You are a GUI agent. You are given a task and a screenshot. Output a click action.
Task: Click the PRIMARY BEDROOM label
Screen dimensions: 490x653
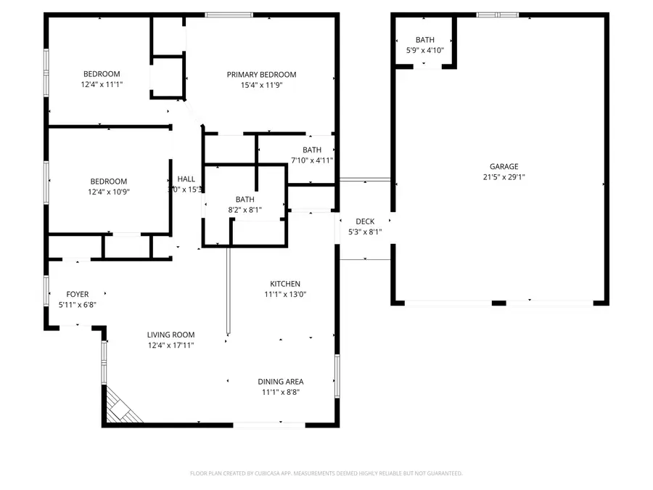tap(261, 75)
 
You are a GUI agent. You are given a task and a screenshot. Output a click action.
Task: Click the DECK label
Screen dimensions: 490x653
tap(365, 221)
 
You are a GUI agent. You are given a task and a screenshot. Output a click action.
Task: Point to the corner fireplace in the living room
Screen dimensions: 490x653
tap(120, 408)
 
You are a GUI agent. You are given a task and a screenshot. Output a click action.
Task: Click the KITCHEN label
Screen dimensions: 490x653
tap(285, 284)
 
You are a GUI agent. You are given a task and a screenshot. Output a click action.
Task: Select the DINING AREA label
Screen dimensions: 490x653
tap(281, 381)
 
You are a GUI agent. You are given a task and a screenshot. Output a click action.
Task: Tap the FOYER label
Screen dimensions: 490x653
tap(77, 294)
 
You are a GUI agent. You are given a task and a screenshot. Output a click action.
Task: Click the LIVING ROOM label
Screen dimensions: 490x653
tap(171, 335)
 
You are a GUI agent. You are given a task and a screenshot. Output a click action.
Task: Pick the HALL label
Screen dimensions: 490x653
tap(186, 179)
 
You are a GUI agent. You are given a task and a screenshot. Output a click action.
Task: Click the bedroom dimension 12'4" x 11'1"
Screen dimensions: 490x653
tap(102, 84)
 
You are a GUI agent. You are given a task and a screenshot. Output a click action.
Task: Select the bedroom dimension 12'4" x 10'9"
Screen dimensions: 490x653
tap(108, 192)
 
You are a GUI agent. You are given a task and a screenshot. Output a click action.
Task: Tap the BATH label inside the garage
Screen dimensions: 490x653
tap(424, 40)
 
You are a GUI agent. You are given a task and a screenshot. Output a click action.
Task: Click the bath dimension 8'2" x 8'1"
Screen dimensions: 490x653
tap(245, 210)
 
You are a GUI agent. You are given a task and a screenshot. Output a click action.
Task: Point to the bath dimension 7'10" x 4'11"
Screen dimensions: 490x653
tap(312, 160)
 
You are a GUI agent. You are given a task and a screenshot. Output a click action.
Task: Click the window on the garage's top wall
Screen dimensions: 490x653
tap(498, 15)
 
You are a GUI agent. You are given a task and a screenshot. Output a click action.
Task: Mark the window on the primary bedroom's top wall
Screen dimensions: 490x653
tap(229, 15)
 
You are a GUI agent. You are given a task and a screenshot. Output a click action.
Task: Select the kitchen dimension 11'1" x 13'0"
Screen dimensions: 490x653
tap(285, 295)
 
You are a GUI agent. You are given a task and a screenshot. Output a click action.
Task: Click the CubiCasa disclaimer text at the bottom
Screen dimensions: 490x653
tap(326, 473)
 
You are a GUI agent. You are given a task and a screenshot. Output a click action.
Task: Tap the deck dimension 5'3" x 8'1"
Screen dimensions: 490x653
tap(365, 232)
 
